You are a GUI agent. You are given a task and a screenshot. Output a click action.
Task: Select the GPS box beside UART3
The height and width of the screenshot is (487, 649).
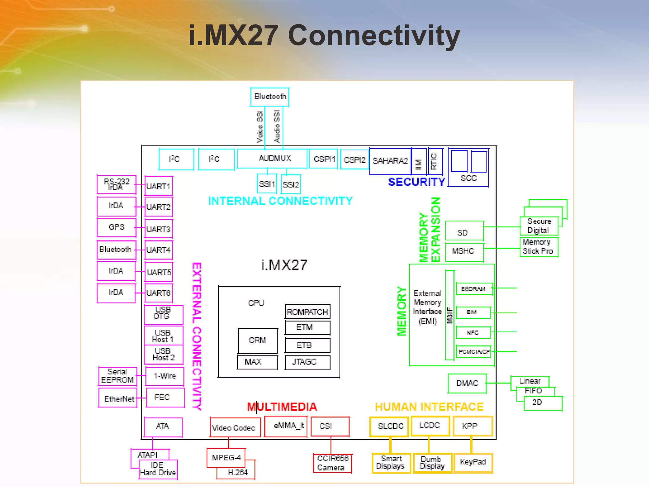click(x=116, y=227)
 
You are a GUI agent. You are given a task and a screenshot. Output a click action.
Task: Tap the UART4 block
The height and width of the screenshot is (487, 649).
click(x=158, y=250)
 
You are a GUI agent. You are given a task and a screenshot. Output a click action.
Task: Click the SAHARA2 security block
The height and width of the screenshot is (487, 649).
click(x=390, y=161)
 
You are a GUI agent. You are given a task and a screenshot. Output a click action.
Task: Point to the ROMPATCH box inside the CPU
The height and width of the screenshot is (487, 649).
click(x=307, y=312)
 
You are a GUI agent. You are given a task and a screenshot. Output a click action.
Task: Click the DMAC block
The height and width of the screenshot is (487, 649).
click(x=467, y=383)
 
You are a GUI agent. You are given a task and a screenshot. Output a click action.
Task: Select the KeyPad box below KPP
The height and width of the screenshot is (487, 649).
click(x=473, y=463)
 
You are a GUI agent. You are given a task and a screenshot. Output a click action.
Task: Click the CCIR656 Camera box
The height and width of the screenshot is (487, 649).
click(x=332, y=463)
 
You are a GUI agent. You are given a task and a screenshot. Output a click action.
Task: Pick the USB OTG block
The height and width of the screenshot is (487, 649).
click(x=163, y=314)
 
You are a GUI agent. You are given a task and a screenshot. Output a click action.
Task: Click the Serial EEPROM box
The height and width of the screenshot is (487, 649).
click(x=118, y=376)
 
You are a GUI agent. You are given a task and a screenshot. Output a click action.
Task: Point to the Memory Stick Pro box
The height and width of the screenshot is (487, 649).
click(x=538, y=247)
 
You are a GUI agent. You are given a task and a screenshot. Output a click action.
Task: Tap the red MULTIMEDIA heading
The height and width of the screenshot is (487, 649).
click(x=282, y=407)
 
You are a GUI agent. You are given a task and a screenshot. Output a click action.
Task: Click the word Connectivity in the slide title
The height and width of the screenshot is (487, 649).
click(x=374, y=36)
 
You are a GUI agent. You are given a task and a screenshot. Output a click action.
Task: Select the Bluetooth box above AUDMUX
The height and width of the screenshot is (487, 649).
click(x=270, y=97)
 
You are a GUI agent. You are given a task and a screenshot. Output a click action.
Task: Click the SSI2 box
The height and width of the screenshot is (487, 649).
click(x=291, y=185)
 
